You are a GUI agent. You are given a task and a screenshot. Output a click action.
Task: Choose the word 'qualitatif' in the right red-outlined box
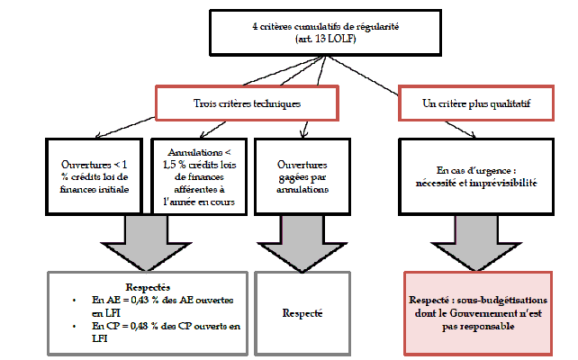click(x=504, y=103)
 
